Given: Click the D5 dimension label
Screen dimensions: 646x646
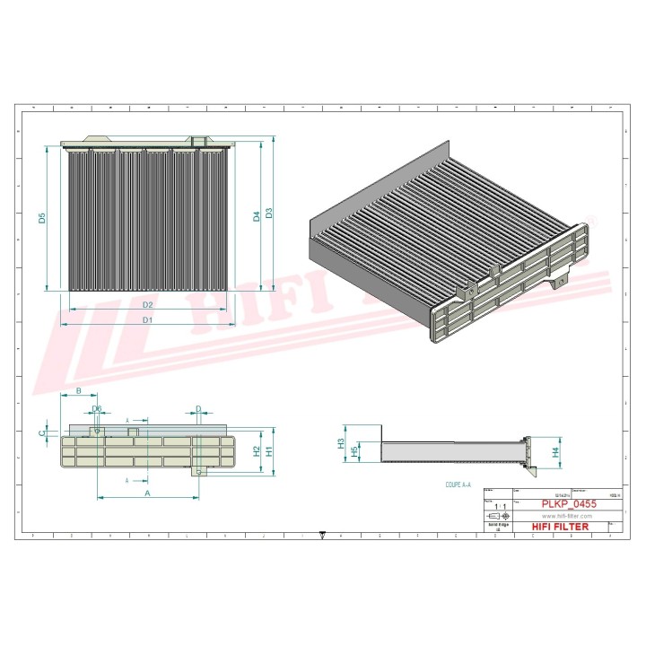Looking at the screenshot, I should (x=42, y=218).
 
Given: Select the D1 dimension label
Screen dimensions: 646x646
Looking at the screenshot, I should (x=148, y=320).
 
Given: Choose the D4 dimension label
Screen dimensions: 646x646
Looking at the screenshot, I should (x=257, y=215).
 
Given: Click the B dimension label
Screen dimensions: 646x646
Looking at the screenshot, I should (x=79, y=391).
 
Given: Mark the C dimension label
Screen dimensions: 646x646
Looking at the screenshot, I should (x=42, y=432).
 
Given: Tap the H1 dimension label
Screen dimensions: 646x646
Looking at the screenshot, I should (x=268, y=452).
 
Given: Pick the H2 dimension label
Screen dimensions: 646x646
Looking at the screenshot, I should (x=256, y=451).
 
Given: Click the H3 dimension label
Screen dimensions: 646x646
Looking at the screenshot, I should (x=342, y=442).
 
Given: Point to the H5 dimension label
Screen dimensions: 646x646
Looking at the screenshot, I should (x=354, y=451).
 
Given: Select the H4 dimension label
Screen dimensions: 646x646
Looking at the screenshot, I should (x=555, y=452).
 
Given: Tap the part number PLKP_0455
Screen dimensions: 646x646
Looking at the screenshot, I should (x=568, y=505).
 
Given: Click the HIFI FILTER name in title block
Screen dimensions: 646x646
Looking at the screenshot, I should (x=560, y=527).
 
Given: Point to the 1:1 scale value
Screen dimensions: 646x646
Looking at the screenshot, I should (x=498, y=507).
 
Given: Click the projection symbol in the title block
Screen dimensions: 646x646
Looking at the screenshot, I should (x=497, y=518).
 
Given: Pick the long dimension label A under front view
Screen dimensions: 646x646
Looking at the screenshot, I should (x=147, y=493).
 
